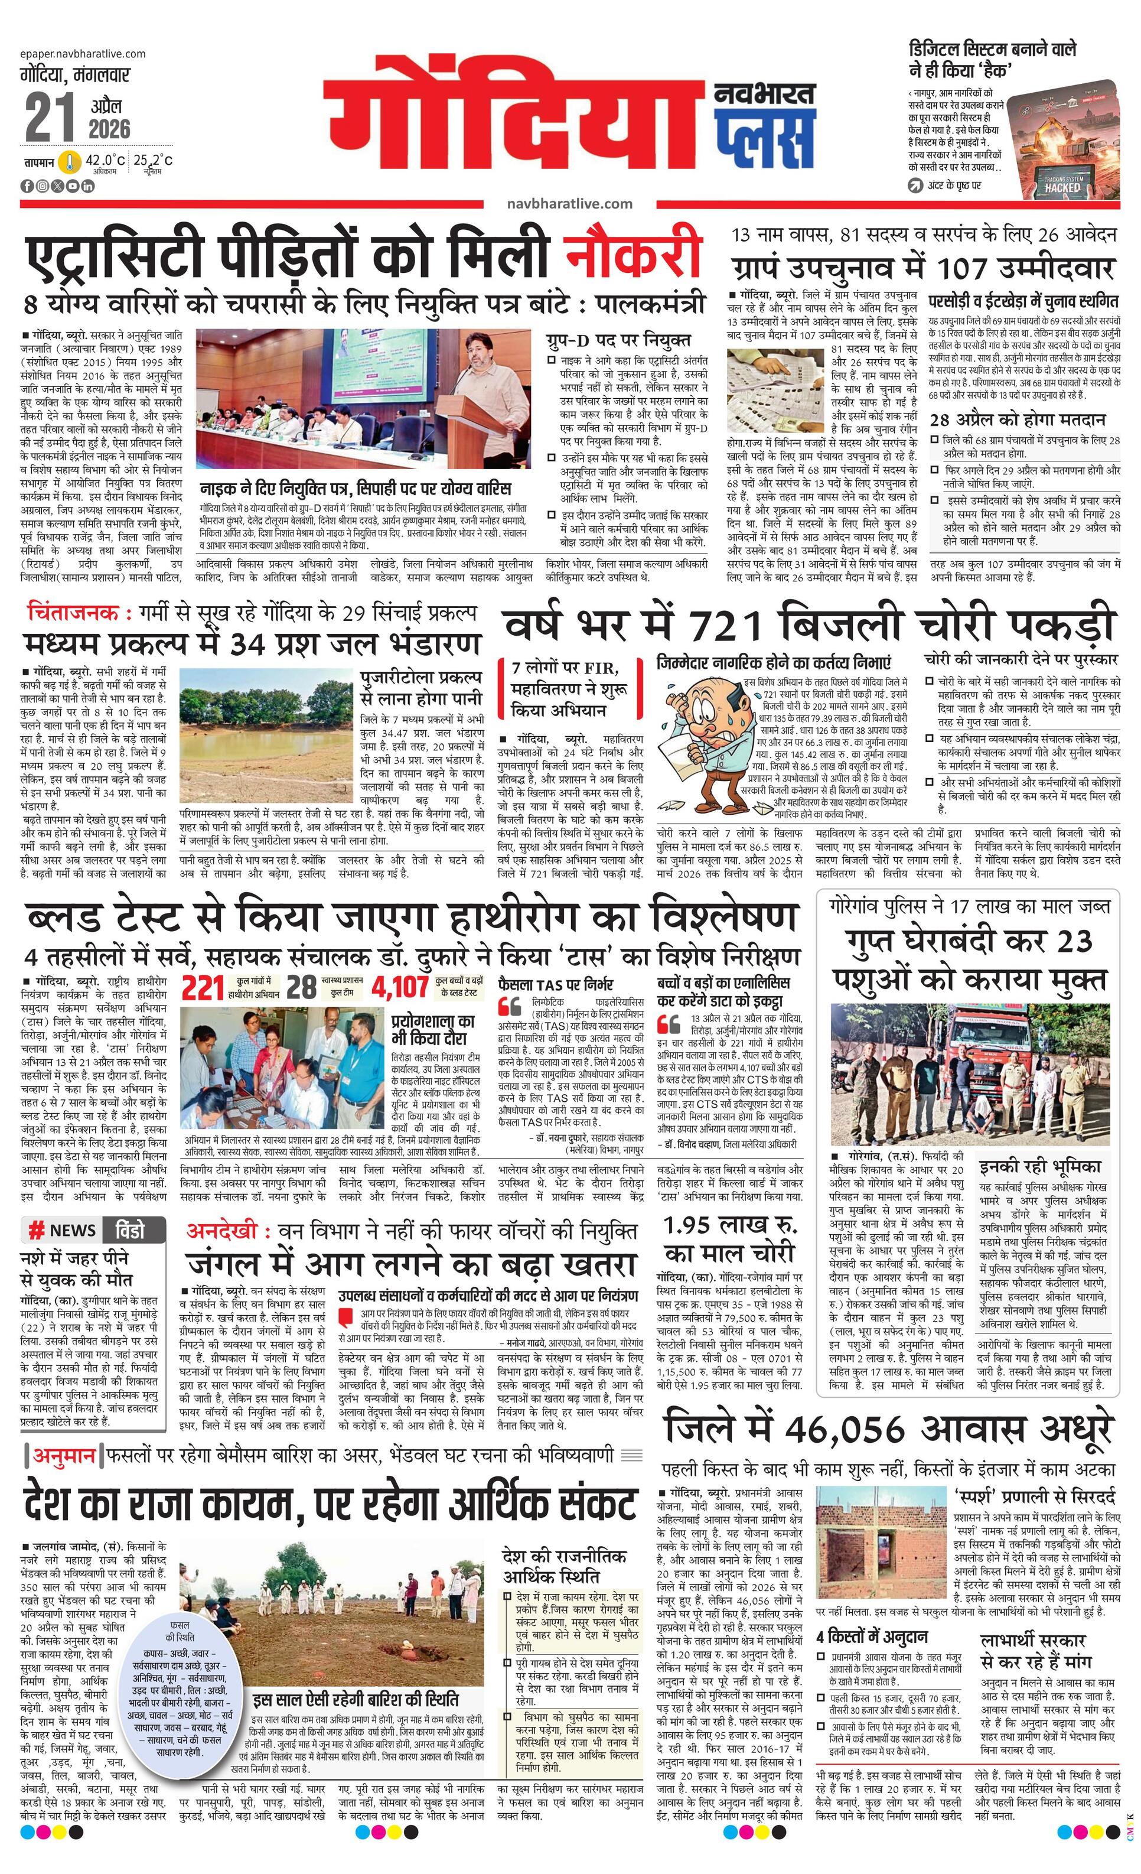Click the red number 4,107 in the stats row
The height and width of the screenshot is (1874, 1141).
pyautogui.click(x=400, y=987)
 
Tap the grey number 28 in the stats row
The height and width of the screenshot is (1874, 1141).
pyautogui.click(x=301, y=987)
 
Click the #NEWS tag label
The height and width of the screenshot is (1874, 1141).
pyautogui.click(x=63, y=1230)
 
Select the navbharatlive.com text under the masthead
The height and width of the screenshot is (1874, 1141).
pyautogui.click(x=569, y=204)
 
